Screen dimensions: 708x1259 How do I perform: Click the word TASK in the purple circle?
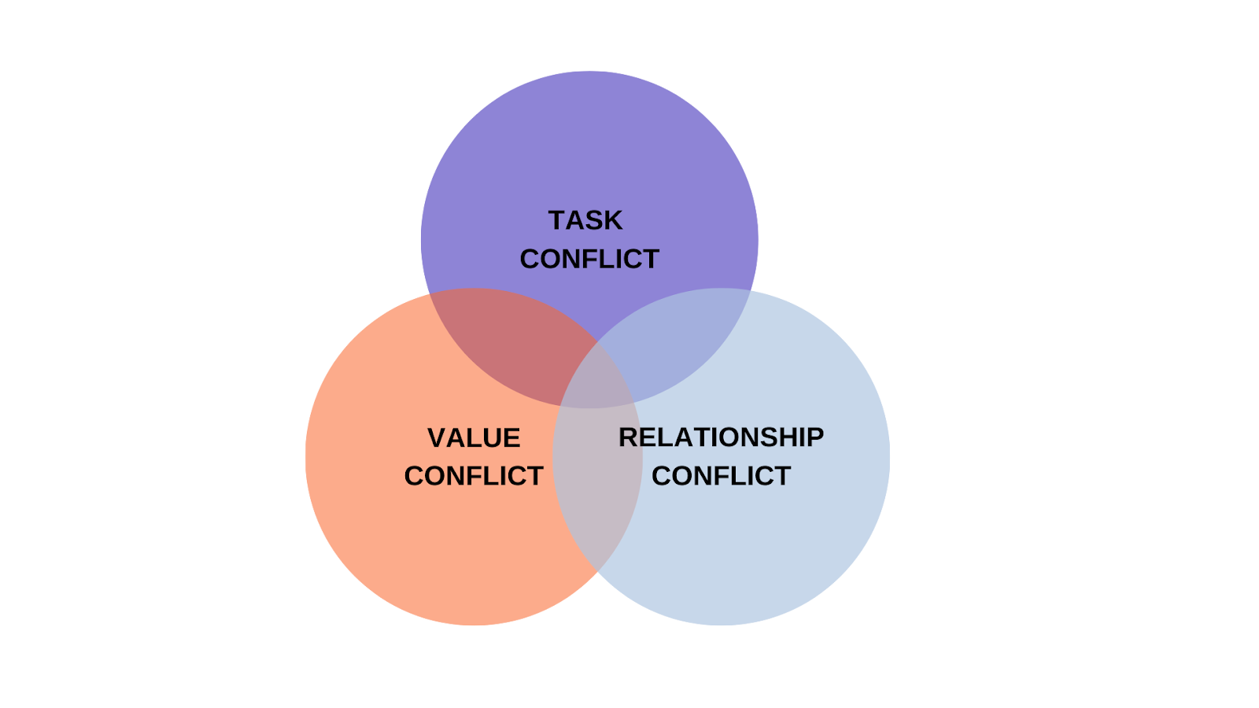tap(585, 220)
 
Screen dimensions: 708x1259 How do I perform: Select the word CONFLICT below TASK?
tap(589, 259)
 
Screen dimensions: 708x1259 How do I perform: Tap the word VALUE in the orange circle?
tap(474, 438)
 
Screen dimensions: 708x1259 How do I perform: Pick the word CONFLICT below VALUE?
tap(474, 476)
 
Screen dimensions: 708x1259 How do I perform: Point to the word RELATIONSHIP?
tap(721, 437)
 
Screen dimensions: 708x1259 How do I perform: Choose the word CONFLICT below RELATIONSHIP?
tap(721, 476)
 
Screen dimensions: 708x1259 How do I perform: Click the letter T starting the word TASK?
tap(556, 220)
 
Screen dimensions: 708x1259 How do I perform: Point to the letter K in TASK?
tap(613, 220)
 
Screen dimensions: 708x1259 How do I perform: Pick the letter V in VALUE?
tap(437, 438)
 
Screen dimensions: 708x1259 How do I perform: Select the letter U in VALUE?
tap(493, 438)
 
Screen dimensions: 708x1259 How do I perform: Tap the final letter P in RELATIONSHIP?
tap(814, 437)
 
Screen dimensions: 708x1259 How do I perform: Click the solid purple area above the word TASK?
tap(589, 142)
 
